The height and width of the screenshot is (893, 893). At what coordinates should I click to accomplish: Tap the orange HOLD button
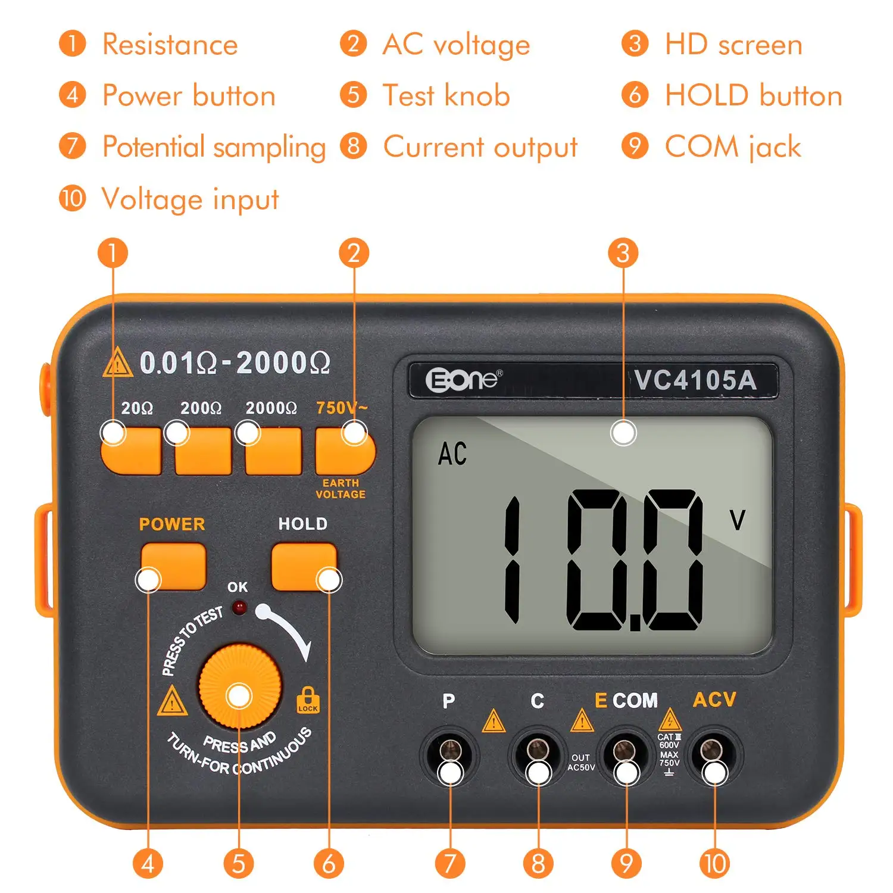[x=304, y=566]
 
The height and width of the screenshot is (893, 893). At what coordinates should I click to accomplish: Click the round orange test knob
[x=240, y=686]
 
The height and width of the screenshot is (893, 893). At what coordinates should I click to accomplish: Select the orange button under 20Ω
[x=131, y=451]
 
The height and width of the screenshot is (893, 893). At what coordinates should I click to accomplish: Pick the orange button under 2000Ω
[x=273, y=451]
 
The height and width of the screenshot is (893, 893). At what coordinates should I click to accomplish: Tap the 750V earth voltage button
[x=345, y=451]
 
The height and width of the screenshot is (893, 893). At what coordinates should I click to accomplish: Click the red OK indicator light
[x=239, y=608]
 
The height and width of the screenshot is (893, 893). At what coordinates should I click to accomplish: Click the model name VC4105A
[x=695, y=380]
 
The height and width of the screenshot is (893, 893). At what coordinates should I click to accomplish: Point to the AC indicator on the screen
[x=452, y=454]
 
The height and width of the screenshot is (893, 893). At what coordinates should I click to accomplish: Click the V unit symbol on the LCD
[x=738, y=520]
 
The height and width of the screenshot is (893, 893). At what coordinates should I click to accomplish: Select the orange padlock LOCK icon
[x=308, y=700]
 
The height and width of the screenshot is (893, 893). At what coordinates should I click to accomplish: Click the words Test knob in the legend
[x=447, y=95]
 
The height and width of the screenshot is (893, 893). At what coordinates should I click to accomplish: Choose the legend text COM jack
[x=733, y=147]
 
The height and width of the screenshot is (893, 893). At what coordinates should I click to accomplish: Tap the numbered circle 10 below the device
[x=714, y=864]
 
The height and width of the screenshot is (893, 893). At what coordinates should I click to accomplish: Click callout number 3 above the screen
[x=623, y=253]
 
